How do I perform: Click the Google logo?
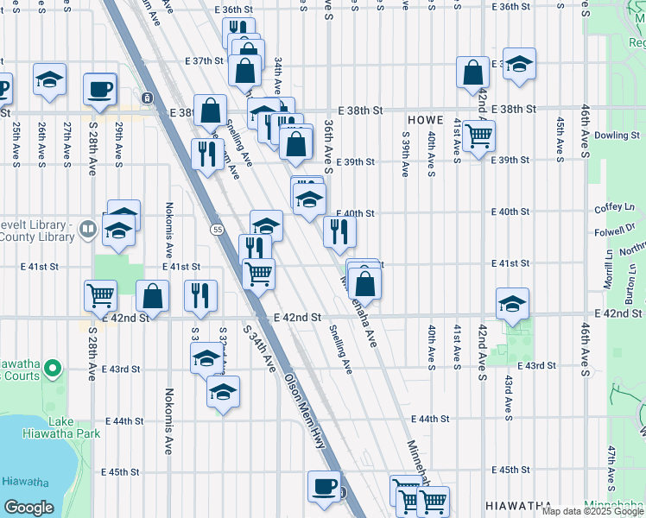(28, 508)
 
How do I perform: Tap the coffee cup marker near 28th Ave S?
(100, 87)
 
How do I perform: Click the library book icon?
(87, 230)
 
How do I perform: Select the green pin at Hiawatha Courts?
(54, 370)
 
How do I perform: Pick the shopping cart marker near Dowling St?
(478, 135)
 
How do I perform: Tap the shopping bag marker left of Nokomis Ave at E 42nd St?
(153, 295)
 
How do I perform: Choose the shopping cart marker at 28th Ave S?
(101, 295)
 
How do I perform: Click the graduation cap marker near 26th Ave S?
(50, 79)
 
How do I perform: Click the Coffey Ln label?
(614, 208)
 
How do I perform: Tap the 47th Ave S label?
(611, 465)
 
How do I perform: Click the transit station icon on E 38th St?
(149, 98)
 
